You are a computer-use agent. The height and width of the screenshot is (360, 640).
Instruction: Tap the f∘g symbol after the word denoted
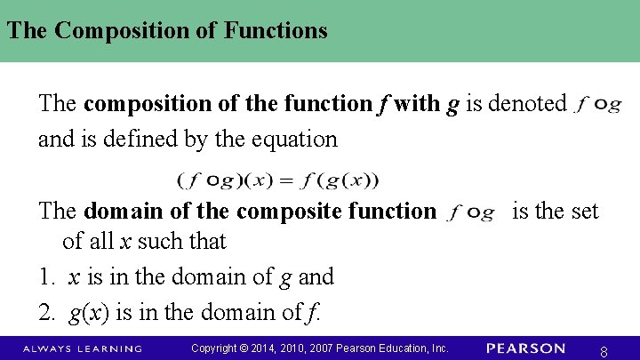pyautogui.click(x=598, y=105)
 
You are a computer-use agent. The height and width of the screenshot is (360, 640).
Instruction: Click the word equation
pyautogui.click(x=292, y=139)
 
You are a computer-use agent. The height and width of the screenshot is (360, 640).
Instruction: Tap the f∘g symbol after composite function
pyautogui.click(x=471, y=212)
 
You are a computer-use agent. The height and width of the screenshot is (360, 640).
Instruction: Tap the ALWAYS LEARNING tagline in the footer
pyautogui.click(x=83, y=348)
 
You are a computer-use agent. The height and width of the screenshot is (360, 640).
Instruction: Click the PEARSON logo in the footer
pyautogui.click(x=525, y=348)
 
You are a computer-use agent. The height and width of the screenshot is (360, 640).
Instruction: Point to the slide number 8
pyautogui.click(x=604, y=352)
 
